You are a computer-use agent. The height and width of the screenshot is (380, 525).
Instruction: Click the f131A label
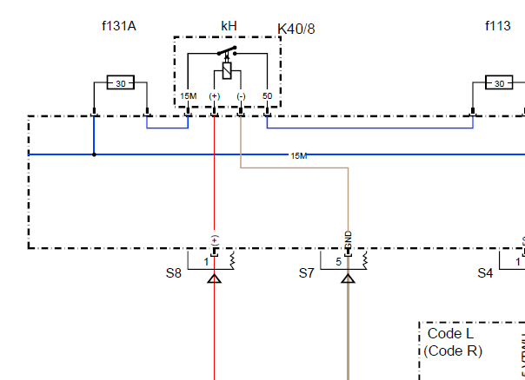(x=119, y=26)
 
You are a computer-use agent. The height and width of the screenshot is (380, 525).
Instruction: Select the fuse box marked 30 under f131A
(x=121, y=83)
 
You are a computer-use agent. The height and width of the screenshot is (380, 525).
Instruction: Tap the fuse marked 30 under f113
(x=499, y=83)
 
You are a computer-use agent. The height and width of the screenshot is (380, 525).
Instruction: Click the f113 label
(x=498, y=26)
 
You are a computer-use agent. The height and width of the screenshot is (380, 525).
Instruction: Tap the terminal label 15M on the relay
(x=188, y=95)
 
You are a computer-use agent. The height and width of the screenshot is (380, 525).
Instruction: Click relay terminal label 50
(x=267, y=95)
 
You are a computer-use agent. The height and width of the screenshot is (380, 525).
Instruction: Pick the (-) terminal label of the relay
(x=241, y=95)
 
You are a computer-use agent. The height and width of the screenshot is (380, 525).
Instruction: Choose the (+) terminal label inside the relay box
(x=215, y=95)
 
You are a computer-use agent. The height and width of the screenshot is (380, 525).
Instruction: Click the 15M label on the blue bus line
(x=298, y=156)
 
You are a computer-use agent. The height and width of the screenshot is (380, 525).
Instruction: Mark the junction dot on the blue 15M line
(x=94, y=155)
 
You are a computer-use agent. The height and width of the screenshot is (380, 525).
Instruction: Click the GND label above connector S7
(x=348, y=239)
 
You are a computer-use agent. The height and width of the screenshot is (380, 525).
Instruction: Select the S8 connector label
(x=174, y=272)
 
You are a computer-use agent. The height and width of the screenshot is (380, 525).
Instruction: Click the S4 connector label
(x=485, y=272)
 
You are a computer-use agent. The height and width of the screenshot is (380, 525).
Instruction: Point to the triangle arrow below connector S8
(x=215, y=278)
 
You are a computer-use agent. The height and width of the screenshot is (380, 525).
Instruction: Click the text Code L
(x=450, y=334)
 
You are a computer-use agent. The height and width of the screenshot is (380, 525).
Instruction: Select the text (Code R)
(x=453, y=351)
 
